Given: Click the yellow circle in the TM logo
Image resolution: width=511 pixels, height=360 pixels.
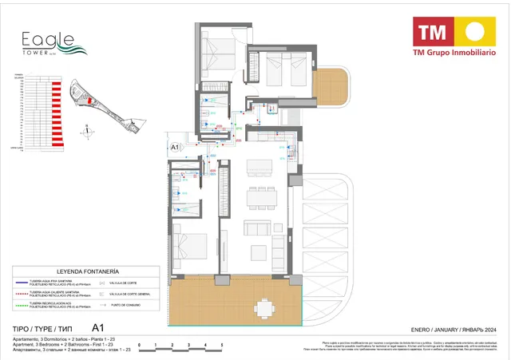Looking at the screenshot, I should tap(473, 33).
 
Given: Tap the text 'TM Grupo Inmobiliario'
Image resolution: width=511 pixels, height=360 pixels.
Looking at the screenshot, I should tap(453, 53).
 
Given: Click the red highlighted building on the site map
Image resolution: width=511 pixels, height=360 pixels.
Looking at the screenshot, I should tap(91, 100).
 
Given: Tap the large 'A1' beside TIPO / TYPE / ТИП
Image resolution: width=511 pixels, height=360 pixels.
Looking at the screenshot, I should tap(99, 327).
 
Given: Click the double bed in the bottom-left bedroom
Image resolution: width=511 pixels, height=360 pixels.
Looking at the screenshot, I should tap(190, 244).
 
